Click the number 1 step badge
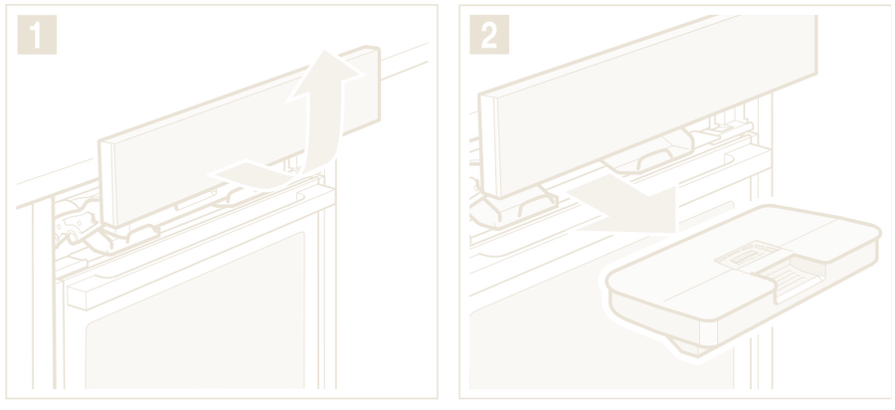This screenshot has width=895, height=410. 37,35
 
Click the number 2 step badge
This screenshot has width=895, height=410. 489,35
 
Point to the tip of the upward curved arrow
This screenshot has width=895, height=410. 325,51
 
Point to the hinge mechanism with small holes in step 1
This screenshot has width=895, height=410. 76,226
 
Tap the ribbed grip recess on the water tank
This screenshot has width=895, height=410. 791,276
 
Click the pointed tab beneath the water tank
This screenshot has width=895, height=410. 685,352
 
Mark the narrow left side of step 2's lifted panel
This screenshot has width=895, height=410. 488,146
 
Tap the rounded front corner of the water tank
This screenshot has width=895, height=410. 708,331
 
